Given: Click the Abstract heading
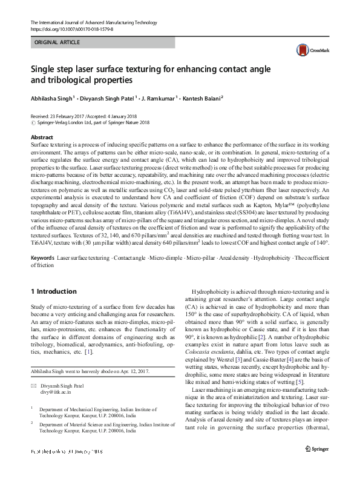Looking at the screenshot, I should coord(42,137).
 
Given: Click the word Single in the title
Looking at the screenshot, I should coord(44,68).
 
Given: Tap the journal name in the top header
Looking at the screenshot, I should coord(93,22).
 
